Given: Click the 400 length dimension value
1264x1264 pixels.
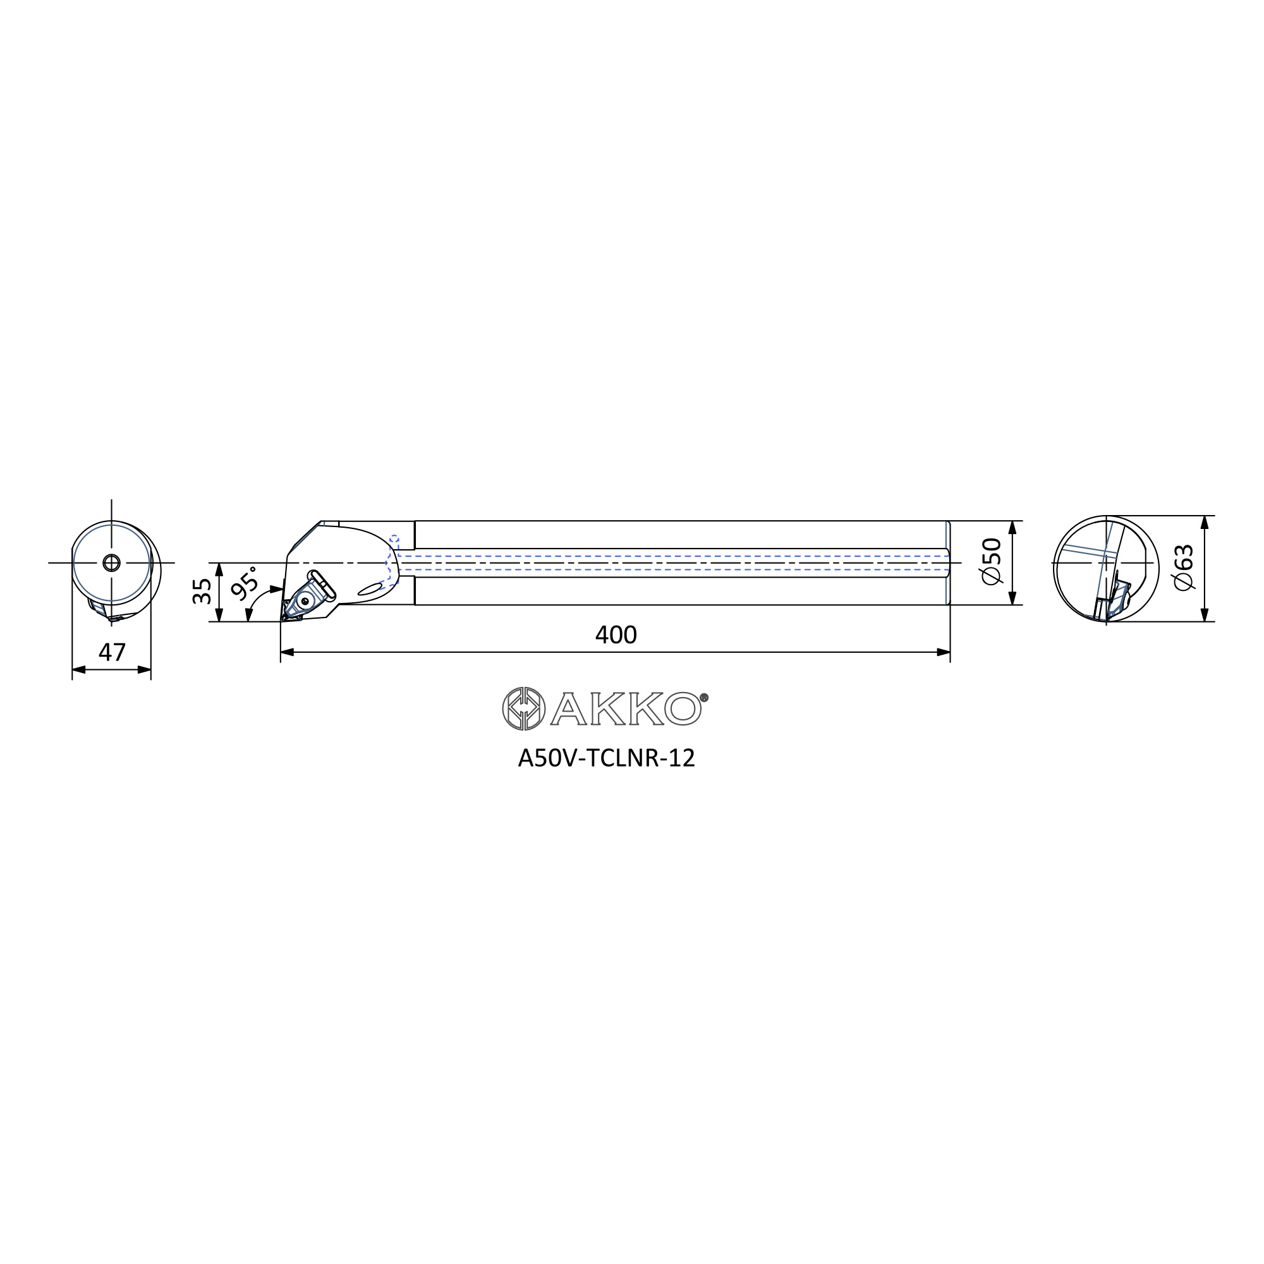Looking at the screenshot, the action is (x=615, y=635).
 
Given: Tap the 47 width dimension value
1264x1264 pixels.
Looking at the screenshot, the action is (x=112, y=652).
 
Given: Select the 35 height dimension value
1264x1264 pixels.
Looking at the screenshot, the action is (x=202, y=591).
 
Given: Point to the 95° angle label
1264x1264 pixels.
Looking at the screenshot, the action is (x=245, y=583).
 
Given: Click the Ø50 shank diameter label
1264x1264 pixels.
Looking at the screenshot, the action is (x=991, y=561).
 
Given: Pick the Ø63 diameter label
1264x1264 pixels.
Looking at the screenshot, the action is (x=1184, y=568).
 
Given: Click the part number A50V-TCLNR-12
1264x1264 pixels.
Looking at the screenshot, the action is (x=606, y=758).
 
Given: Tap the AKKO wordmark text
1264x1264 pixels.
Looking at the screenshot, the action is (x=626, y=708).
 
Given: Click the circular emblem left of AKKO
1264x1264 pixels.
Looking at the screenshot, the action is (x=523, y=708).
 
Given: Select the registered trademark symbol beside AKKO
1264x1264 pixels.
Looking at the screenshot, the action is (x=704, y=698).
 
